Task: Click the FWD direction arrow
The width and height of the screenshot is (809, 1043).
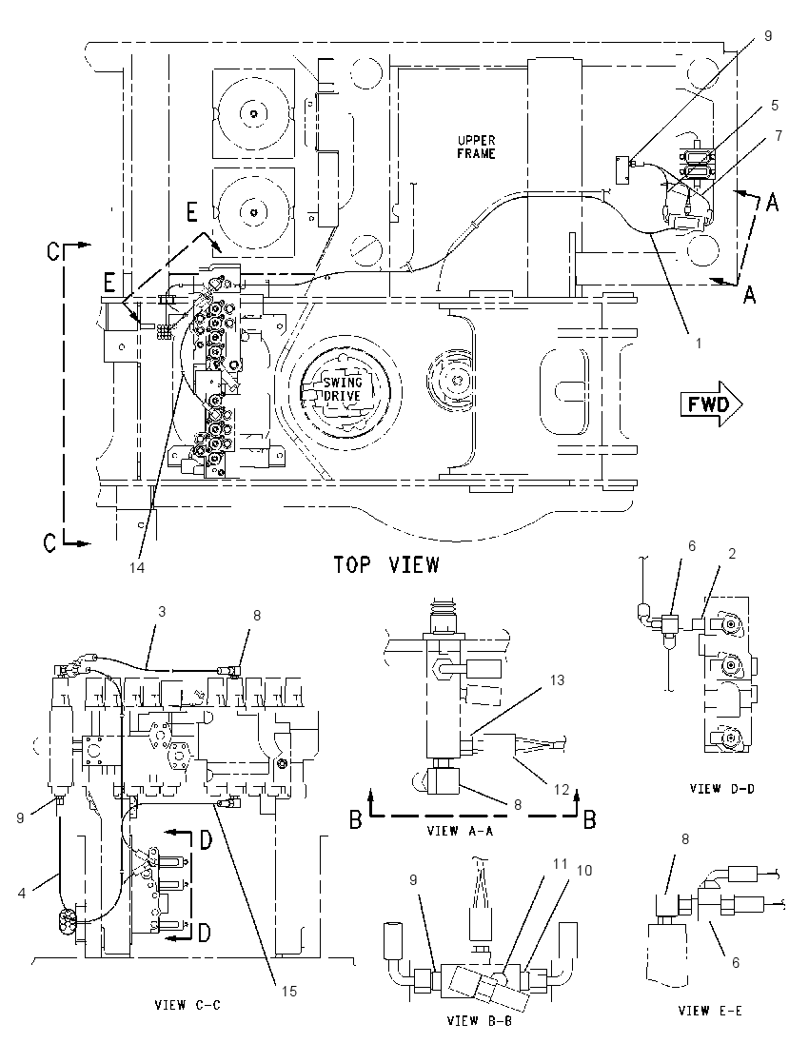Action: (711, 403)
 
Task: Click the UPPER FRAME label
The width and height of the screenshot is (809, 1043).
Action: (476, 147)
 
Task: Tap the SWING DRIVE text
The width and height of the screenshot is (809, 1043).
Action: (342, 389)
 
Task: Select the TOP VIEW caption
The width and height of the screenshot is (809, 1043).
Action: (386, 564)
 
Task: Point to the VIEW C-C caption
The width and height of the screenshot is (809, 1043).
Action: (187, 1005)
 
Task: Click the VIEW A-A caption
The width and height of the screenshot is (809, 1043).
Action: (461, 831)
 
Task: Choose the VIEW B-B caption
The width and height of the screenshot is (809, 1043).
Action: (480, 1021)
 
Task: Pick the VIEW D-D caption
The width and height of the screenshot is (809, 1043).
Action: (721, 789)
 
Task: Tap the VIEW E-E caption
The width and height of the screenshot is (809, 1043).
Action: (710, 1011)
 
